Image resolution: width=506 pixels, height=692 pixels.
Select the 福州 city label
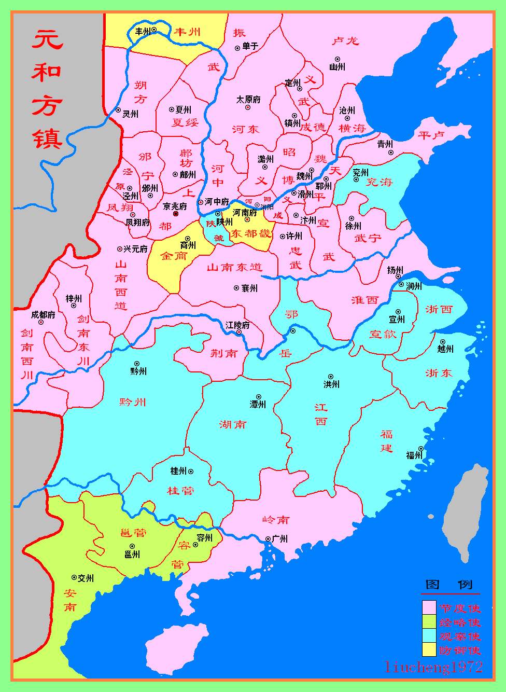click(x=414, y=455)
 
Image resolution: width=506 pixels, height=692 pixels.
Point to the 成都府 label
click(x=43, y=314)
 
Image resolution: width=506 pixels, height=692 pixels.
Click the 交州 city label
click(x=86, y=578)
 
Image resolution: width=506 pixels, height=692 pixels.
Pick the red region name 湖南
click(x=233, y=425)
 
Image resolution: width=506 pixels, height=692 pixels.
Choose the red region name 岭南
click(x=276, y=520)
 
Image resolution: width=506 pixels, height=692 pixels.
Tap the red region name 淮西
click(x=365, y=300)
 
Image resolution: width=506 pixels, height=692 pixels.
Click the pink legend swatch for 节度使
click(x=429, y=607)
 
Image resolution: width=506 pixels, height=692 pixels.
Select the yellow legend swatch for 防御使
click(x=429, y=649)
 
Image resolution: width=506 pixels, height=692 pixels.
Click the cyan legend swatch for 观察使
click(x=429, y=635)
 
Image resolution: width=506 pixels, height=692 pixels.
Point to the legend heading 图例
click(x=449, y=585)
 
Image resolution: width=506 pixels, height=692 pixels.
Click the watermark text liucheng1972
click(x=433, y=667)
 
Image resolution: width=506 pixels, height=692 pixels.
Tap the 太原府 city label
click(x=248, y=100)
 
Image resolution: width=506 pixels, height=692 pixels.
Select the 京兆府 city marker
click(x=176, y=213)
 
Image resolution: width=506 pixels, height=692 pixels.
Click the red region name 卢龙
click(x=345, y=40)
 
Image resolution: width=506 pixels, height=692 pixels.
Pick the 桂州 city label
click(x=178, y=471)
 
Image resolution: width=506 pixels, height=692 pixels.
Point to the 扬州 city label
click(x=395, y=270)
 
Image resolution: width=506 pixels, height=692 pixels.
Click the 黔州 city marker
click(x=137, y=364)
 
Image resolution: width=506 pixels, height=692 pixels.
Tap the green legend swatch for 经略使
click(x=429, y=621)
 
